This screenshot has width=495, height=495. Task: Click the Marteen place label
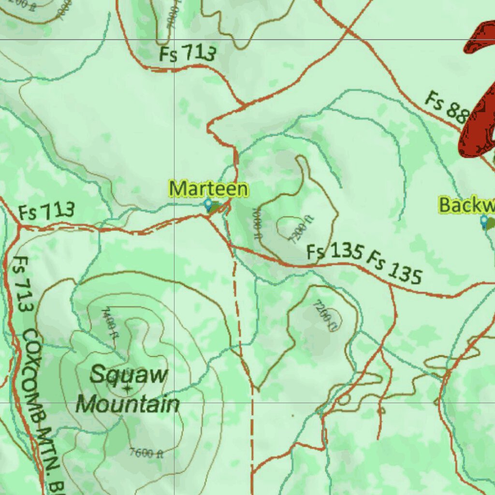tap(208, 189)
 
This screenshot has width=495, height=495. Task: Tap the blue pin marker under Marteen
tap(208, 205)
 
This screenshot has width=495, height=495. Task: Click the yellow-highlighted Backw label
tap(466, 204)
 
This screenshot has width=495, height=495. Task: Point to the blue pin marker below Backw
tap(484, 221)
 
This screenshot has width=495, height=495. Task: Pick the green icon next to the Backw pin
tap(492, 224)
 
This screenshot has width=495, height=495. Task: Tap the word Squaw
tap(129, 375)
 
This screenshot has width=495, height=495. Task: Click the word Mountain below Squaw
tap(128, 404)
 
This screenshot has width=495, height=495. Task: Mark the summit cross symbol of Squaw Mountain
tap(127, 388)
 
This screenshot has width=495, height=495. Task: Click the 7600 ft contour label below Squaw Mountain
tap(146, 453)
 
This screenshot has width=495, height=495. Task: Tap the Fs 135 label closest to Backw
tap(393, 267)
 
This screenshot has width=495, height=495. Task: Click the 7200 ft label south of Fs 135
tap(324, 315)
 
